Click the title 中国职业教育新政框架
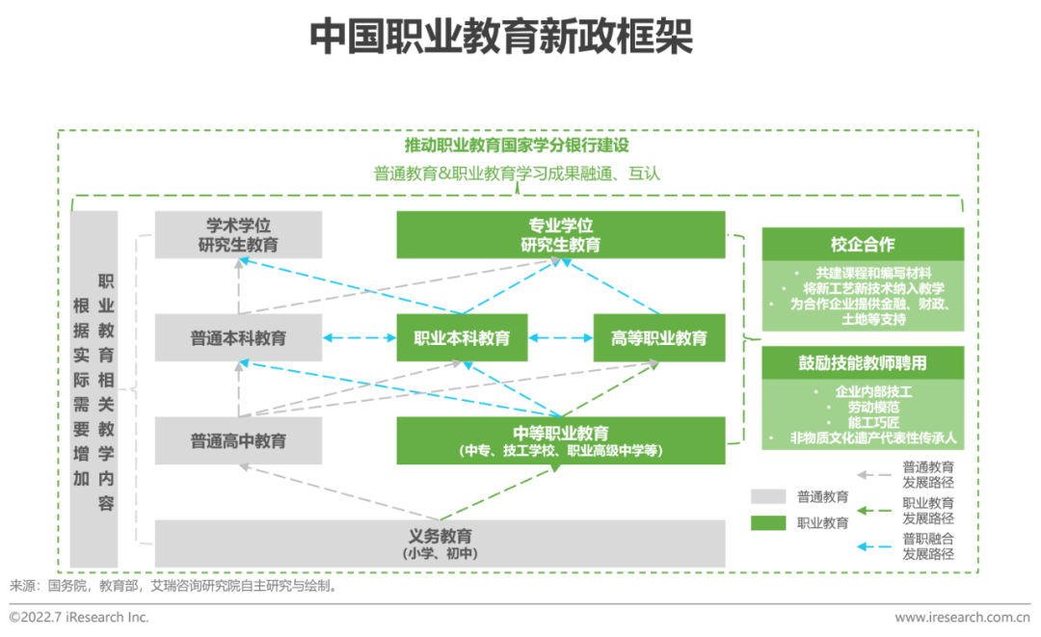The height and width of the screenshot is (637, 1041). point(500,38)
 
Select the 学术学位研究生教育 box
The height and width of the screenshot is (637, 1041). point(238,235)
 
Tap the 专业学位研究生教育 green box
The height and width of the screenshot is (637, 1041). point(560,235)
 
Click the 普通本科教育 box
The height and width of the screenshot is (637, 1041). point(238,338)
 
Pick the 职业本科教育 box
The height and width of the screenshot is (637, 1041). point(463,338)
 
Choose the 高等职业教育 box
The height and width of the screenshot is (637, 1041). point(658,338)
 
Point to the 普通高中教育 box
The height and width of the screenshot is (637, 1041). point(238,441)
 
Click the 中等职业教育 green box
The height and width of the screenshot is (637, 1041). point(560,440)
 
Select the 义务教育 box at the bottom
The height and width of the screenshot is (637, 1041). point(440,544)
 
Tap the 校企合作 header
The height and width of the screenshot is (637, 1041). point(863,245)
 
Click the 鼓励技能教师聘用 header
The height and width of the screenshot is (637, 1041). point(863,363)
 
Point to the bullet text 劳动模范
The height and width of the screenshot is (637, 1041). point(863,408)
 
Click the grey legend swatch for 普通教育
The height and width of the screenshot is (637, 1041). point(768,497)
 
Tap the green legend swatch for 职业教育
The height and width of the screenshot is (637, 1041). point(768,523)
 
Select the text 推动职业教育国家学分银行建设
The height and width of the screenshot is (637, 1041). point(517,146)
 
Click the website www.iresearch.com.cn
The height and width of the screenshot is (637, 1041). point(962,617)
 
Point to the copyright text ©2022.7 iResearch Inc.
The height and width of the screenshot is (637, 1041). point(79,617)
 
